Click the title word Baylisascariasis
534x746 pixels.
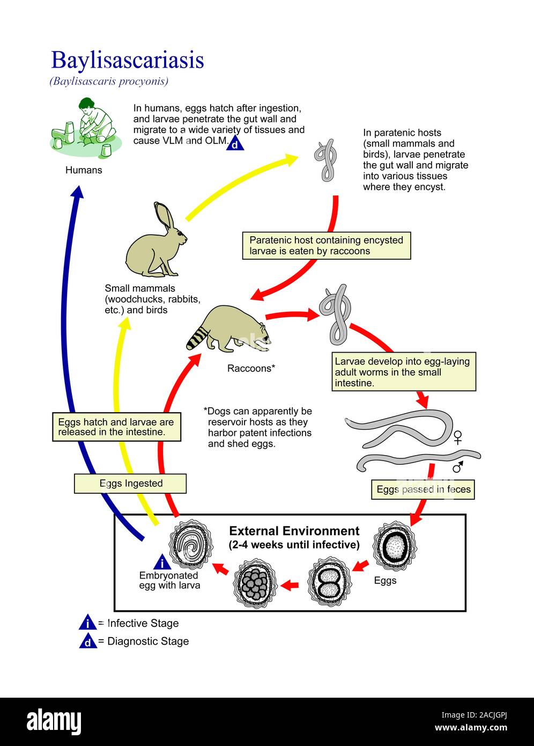pyautogui.click(x=127, y=60)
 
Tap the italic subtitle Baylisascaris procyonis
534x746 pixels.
pyautogui.click(x=109, y=82)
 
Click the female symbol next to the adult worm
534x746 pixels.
pyautogui.click(x=457, y=437)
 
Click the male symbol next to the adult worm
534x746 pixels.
pyautogui.click(x=458, y=466)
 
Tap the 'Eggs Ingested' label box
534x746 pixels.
pyautogui.click(x=130, y=484)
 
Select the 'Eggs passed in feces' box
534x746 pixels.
pyautogui.click(x=423, y=489)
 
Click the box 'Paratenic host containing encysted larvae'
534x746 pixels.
pyautogui.click(x=326, y=246)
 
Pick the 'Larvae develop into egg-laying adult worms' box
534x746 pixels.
pyautogui.click(x=403, y=372)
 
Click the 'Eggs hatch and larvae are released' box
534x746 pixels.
pyautogui.click(x=116, y=427)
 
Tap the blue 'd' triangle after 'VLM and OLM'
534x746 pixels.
pyautogui.click(x=235, y=144)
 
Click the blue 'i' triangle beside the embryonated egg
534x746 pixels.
pyautogui.click(x=162, y=563)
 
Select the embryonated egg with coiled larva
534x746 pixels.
pyautogui.click(x=188, y=545)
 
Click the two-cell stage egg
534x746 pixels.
pyautogui.click(x=329, y=583)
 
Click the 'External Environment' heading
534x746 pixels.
pyautogui.click(x=294, y=531)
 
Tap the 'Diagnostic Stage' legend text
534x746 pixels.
pyautogui.click(x=148, y=641)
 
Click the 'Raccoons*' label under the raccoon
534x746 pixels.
pyautogui.click(x=251, y=368)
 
